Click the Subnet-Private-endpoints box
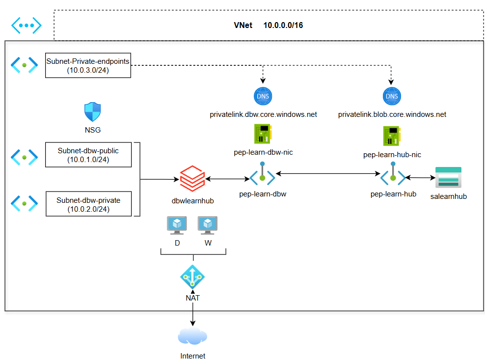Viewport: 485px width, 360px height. click(88, 65)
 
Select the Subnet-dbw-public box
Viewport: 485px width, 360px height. click(88, 155)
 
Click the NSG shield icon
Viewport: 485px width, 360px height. click(93, 112)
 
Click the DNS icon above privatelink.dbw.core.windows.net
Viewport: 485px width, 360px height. click(263, 97)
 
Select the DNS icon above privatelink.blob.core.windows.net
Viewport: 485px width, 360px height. click(392, 97)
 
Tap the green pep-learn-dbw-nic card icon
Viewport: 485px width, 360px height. click(263, 134)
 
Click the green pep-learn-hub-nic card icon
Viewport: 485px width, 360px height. click(392, 136)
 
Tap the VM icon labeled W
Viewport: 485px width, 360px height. click(208, 225)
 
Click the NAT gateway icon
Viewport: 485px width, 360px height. click(192, 277)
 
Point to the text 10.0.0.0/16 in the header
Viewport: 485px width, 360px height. click(283, 25)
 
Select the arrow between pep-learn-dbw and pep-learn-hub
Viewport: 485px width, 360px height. click(327, 173)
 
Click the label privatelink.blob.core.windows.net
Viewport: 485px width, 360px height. click(392, 114)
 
